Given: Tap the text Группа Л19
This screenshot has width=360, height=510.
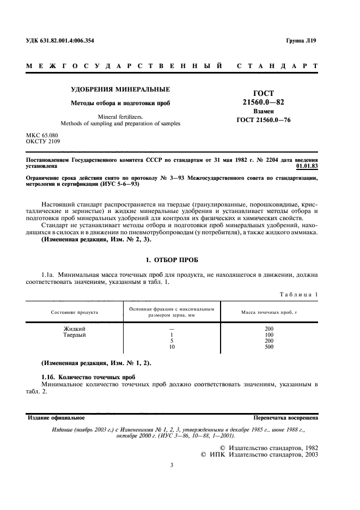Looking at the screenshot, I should [302, 41].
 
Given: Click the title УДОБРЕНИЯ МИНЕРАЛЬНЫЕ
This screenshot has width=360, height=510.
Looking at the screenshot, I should [121, 89].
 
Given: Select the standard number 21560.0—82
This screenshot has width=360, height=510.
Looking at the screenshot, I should [263, 102].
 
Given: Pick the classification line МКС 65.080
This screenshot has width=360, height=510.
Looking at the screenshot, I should [42, 135].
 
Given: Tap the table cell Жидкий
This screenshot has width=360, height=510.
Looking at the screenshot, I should [75, 329].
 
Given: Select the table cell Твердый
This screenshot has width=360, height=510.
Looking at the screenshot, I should [75, 335].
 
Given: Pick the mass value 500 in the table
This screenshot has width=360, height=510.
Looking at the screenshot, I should [269, 347].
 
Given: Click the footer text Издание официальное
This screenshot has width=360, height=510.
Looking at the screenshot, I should [56, 418].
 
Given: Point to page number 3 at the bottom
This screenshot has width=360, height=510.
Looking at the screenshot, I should [172, 465].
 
